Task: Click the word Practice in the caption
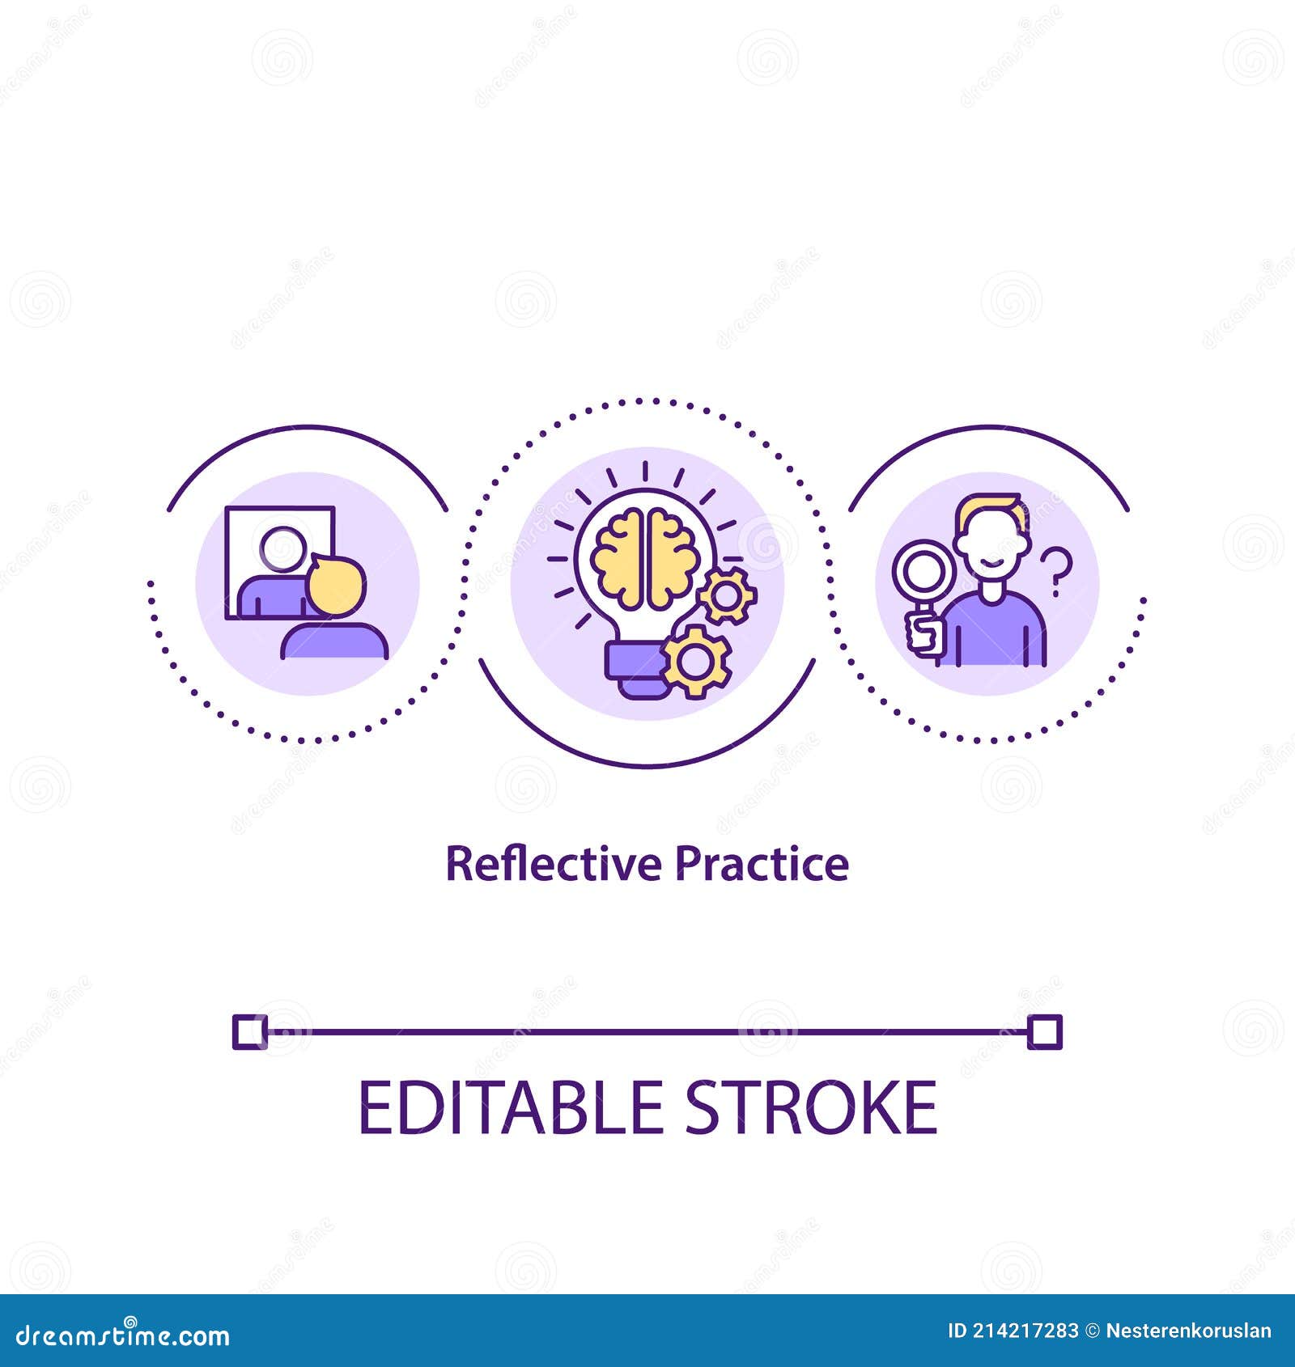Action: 762,864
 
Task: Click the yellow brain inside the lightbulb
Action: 644,557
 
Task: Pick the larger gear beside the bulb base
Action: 695,662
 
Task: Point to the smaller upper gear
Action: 726,595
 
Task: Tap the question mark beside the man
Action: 1056,571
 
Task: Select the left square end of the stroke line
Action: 248,1032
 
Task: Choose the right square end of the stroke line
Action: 1044,1032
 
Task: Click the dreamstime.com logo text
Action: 122,1335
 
